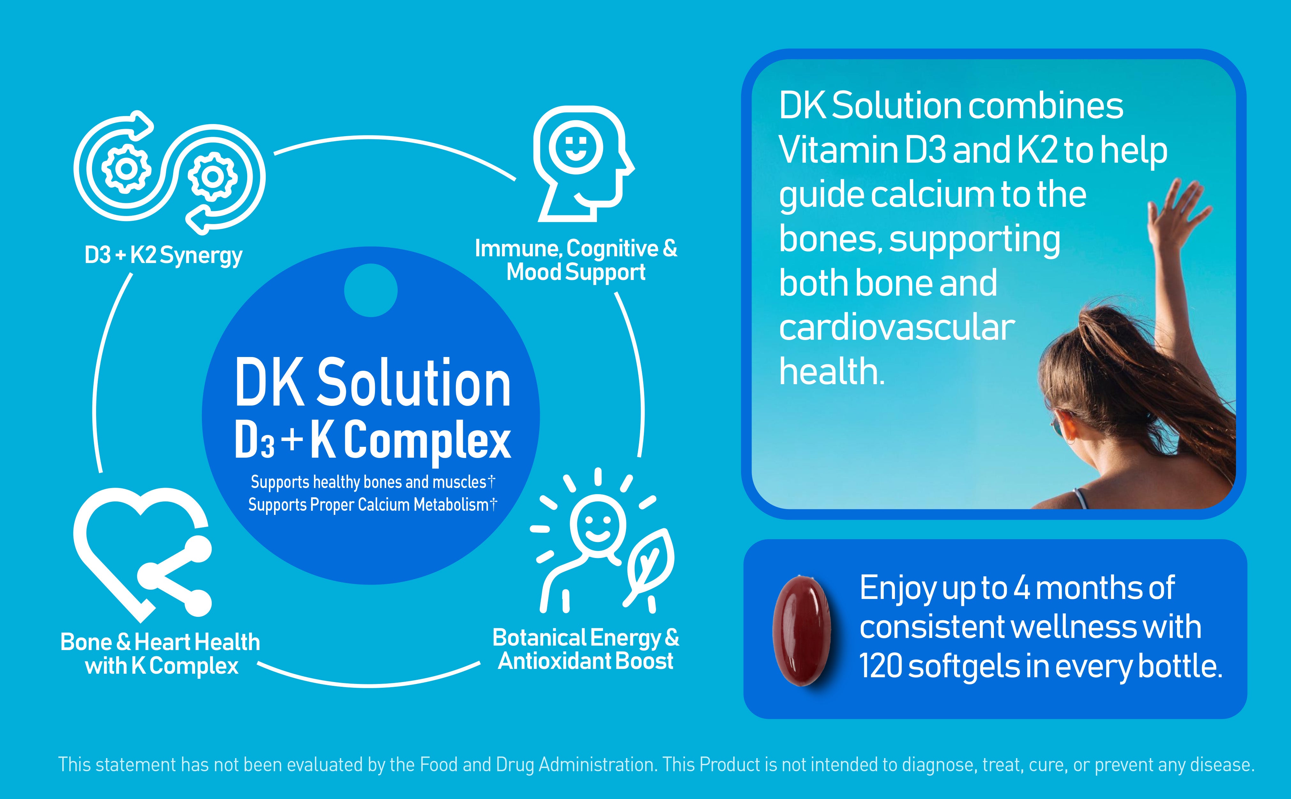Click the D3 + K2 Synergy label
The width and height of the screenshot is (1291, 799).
pos(164,256)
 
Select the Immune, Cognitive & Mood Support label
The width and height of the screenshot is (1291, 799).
pos(576,260)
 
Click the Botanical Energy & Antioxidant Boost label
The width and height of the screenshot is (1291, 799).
pos(585,649)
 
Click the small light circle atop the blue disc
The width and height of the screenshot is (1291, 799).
pos(371,290)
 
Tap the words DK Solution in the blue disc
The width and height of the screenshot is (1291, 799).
pos(373,383)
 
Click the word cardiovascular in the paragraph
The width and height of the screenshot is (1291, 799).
pos(897,328)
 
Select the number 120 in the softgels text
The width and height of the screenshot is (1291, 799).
pos(880,666)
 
